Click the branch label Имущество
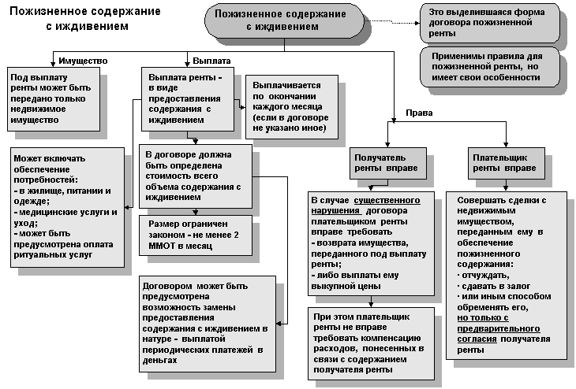click(x=83, y=61)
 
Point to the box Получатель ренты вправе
click(x=384, y=163)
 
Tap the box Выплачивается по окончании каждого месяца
click(x=292, y=106)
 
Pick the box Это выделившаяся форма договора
click(x=490, y=23)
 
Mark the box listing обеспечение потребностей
click(x=67, y=206)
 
